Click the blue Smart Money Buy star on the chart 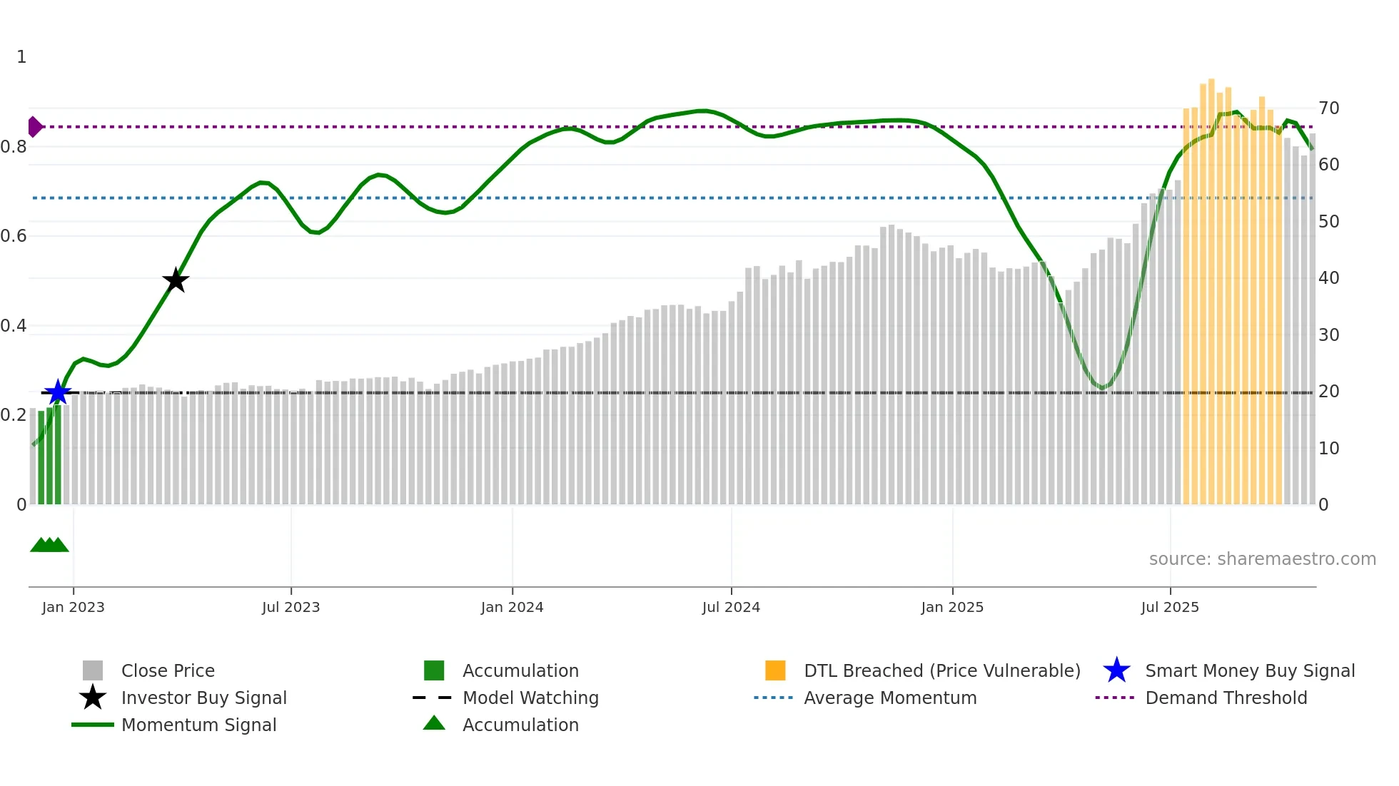58,392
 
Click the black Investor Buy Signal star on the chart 176,280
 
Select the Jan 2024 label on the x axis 512,607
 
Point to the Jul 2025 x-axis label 1170,607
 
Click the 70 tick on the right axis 1328,108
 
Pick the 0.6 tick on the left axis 14,236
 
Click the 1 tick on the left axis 21,57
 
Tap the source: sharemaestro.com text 1262,559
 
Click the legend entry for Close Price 168,670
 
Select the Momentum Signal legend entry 198,725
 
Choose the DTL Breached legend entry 941,670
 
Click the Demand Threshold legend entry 1226,698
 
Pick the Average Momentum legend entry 889,698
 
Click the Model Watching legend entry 530,698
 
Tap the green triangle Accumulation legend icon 434,723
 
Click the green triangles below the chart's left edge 49,545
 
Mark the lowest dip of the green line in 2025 1102,388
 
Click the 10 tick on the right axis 1328,449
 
